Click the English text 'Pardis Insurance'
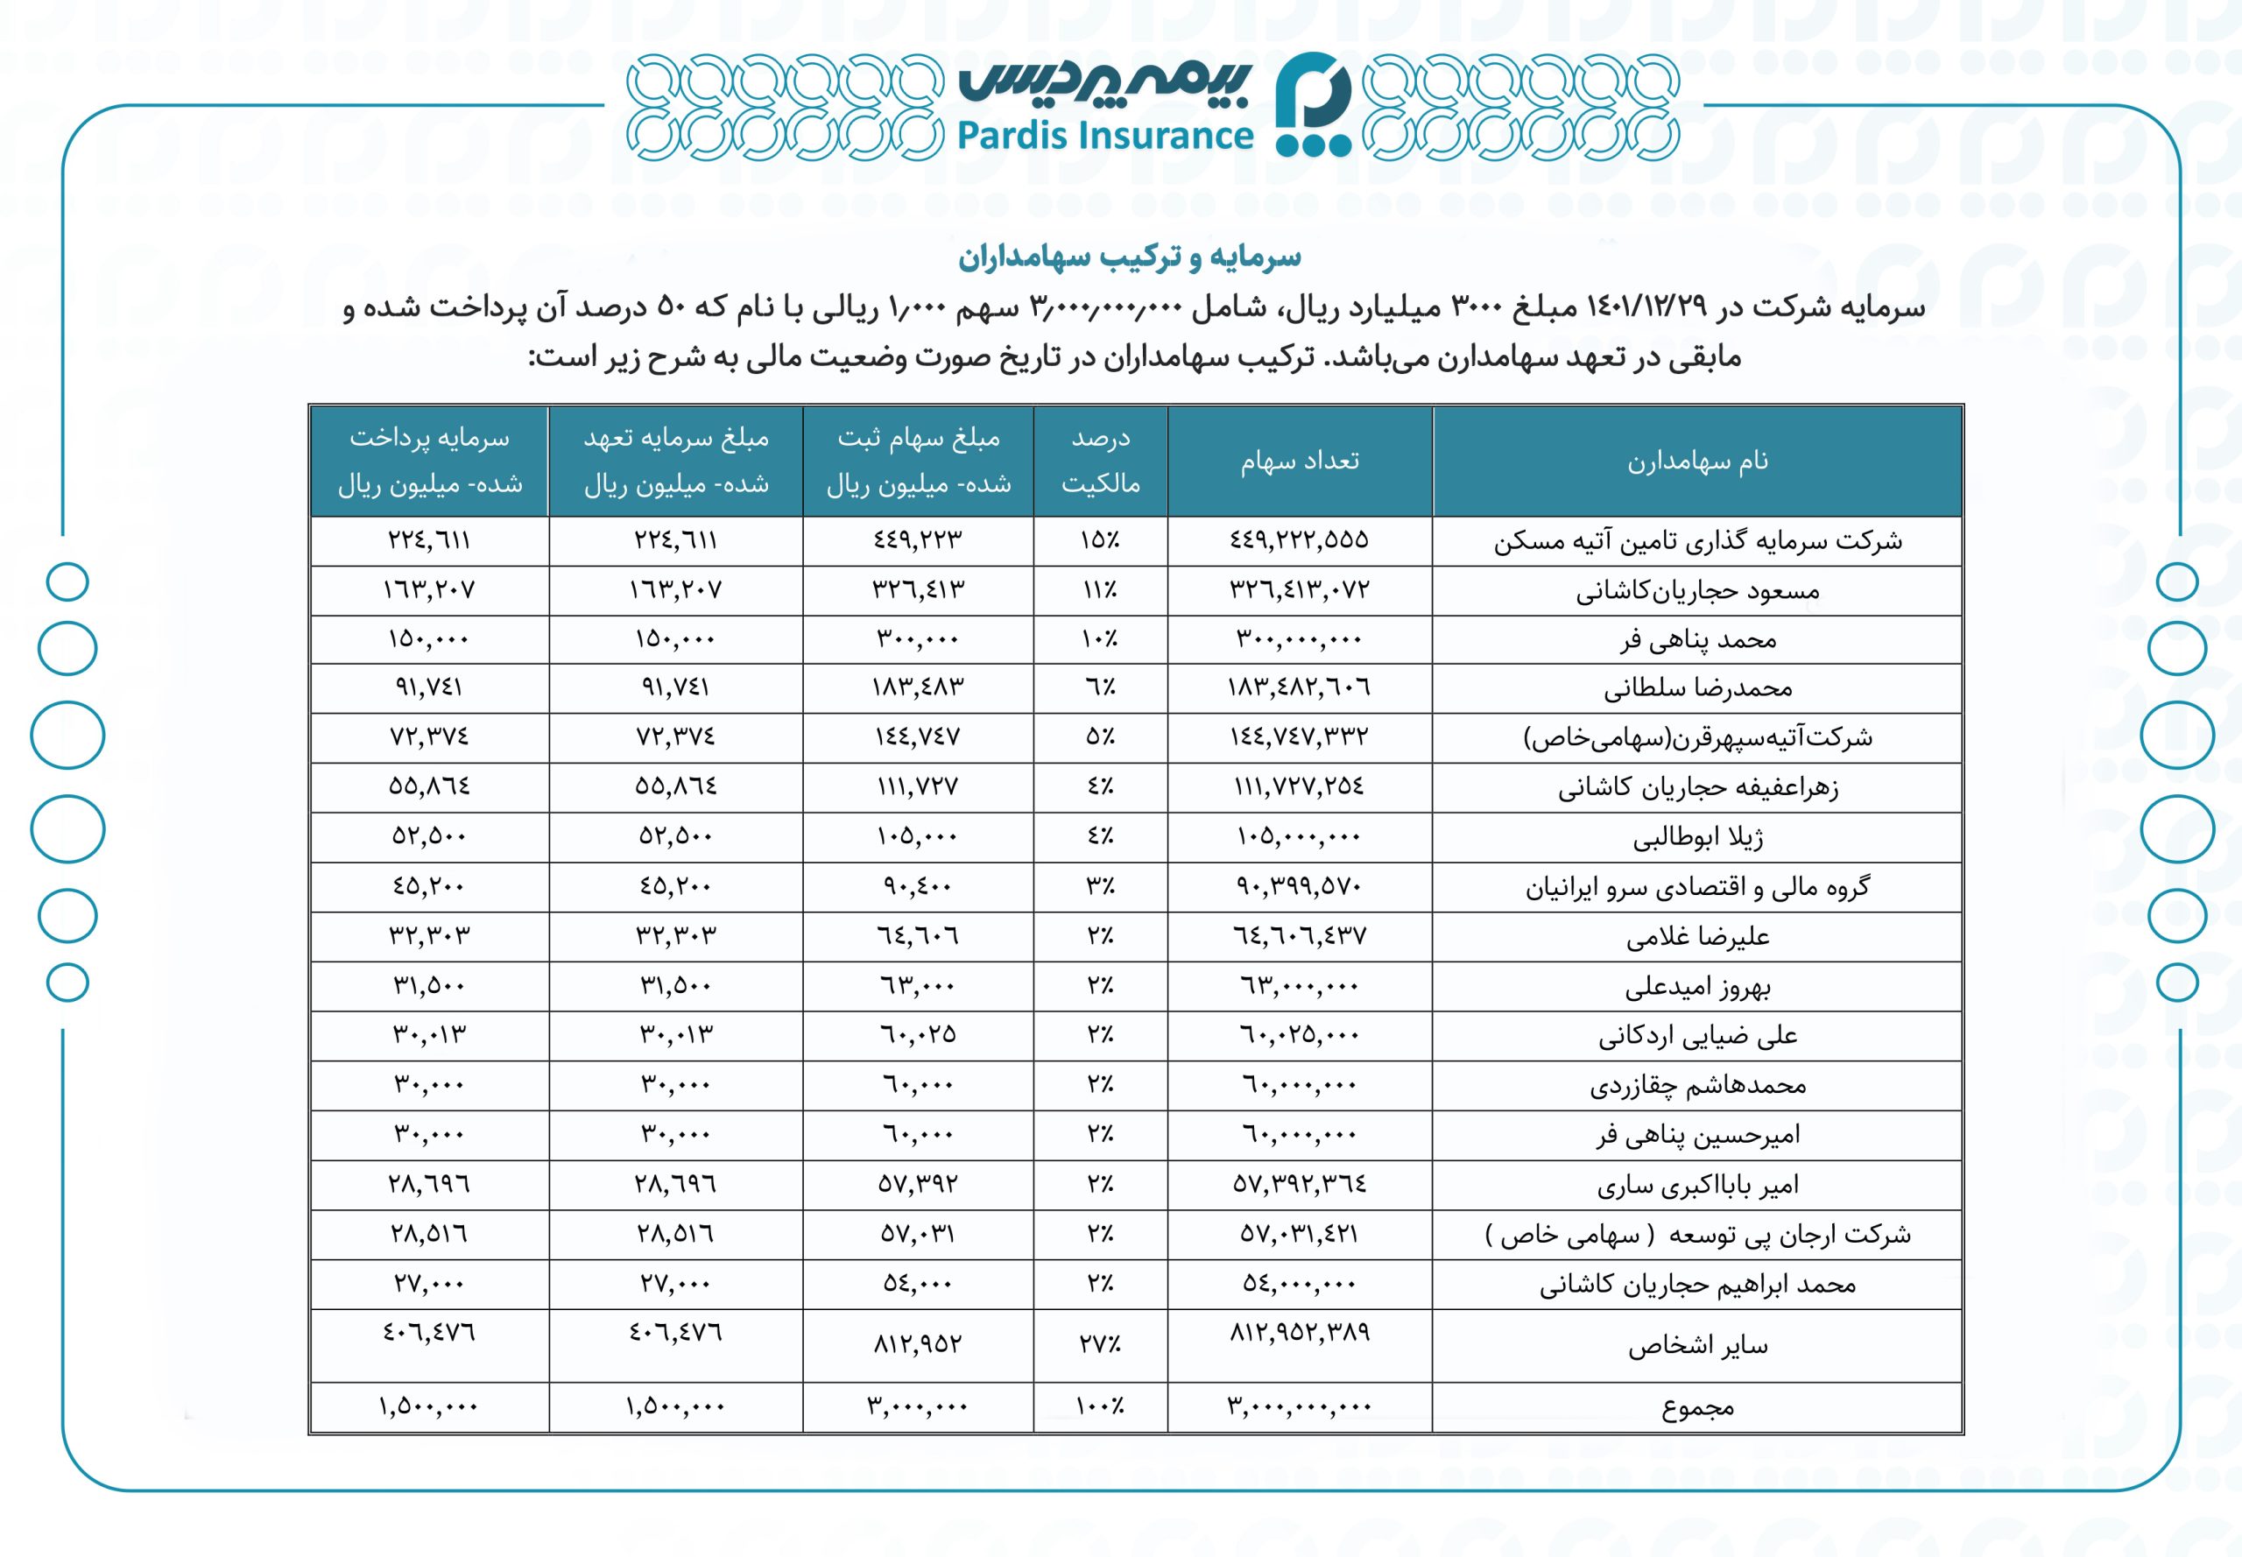click(x=1104, y=136)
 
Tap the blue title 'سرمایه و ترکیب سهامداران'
click(x=1129, y=257)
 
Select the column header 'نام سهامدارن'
click(x=1696, y=461)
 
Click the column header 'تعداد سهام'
click(x=1300, y=461)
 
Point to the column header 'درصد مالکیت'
click(x=1101, y=461)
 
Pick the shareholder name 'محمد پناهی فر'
click(x=1697, y=640)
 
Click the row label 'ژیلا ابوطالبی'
click(x=1697, y=838)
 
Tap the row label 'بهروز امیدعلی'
click(x=1697, y=987)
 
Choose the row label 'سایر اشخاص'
click(x=1697, y=1346)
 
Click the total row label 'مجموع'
click(x=1697, y=1408)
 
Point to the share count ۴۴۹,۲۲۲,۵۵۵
click(x=1299, y=539)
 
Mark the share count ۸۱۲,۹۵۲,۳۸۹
click(x=1300, y=1332)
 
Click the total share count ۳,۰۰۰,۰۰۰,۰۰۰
click(x=1300, y=1406)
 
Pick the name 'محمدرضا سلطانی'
click(x=1697, y=689)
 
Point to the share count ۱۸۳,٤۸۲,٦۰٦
click(x=1299, y=687)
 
